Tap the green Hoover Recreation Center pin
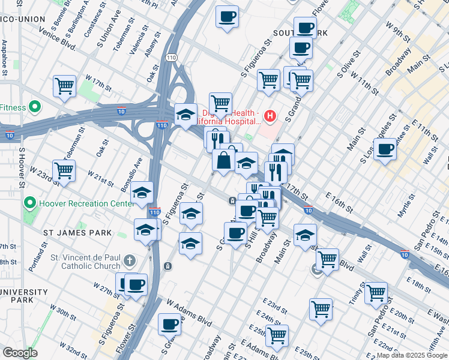pos(30,203)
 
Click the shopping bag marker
pos(223,160)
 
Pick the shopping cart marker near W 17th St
pos(64,86)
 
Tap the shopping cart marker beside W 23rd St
pos(64,170)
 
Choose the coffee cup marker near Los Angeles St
pos(385,149)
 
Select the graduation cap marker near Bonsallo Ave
pos(142,193)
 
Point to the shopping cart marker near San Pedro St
pos(376,293)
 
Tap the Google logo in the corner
pos(19,352)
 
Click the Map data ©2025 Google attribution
pos(411,355)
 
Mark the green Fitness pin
pos(34,108)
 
